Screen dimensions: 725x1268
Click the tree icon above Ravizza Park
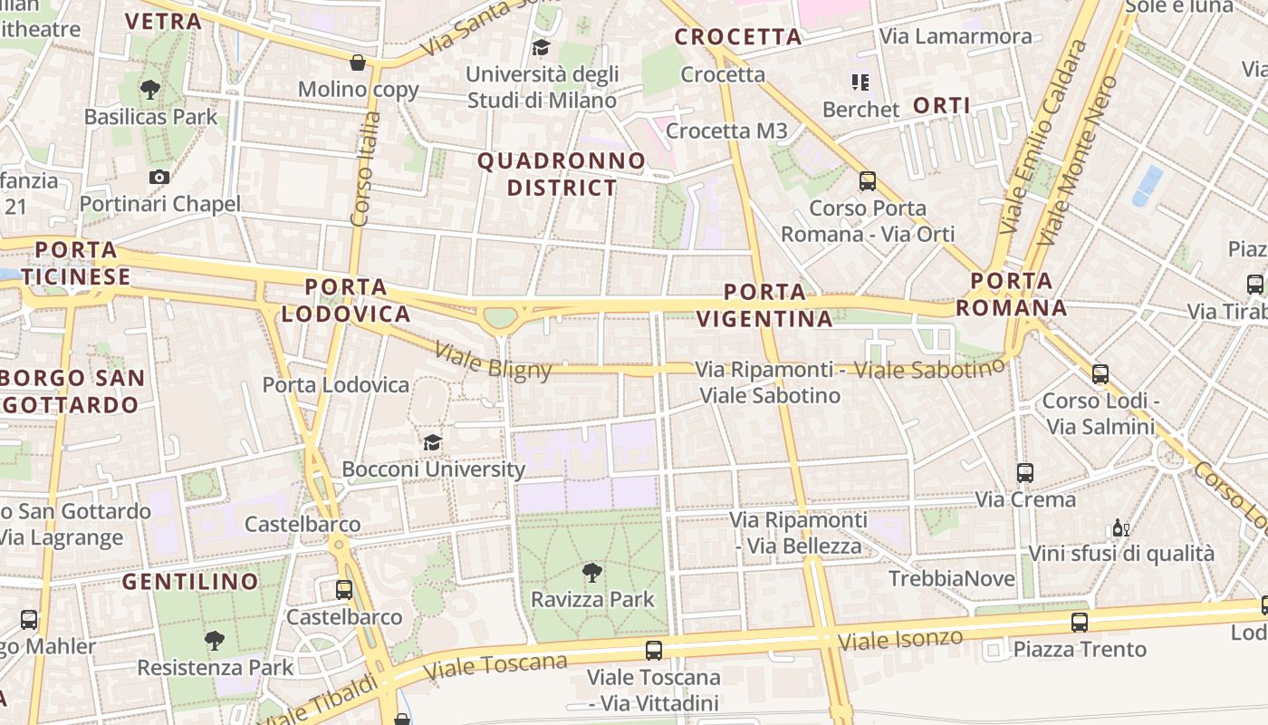coord(592,572)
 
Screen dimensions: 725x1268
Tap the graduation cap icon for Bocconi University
coord(433,442)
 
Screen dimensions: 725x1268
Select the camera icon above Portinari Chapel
coord(159,177)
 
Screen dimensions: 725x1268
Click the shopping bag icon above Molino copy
coord(358,63)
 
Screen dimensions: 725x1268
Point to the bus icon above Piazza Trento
coord(1079,622)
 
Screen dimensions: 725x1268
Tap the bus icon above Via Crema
coord(1025,472)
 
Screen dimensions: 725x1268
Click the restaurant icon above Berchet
coord(860,82)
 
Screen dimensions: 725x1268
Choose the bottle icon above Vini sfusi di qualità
coord(1120,527)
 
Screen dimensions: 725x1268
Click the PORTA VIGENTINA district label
coord(778,305)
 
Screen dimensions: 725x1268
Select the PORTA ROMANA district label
coord(1012,295)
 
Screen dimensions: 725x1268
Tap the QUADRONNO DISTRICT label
coord(562,174)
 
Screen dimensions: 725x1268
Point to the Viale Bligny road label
coord(493,360)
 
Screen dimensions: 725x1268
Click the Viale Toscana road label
coord(496,666)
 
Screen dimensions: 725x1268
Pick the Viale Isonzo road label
coord(900,639)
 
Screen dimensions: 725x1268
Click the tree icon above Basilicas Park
coord(150,90)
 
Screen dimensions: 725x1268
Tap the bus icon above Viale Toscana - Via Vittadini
coord(654,650)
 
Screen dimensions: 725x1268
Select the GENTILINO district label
coord(190,582)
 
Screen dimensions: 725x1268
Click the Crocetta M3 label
coord(726,131)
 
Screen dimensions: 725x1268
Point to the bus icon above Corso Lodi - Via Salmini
coord(1100,373)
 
